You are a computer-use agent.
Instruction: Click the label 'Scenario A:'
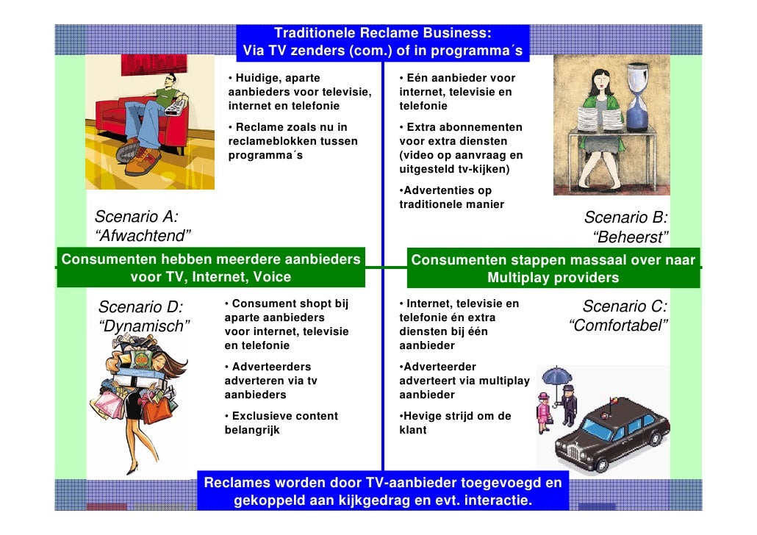click(x=137, y=216)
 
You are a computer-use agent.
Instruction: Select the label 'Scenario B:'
click(x=625, y=218)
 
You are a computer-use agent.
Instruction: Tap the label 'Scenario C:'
click(x=625, y=306)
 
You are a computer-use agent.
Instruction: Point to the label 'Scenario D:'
click(x=140, y=306)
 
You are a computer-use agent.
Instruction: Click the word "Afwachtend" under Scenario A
click(x=144, y=236)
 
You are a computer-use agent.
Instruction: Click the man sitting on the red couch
click(x=151, y=118)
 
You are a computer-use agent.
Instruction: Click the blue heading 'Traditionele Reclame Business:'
click(x=382, y=33)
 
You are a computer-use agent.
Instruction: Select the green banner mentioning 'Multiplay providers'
click(x=553, y=269)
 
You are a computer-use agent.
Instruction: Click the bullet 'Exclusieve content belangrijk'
click(x=281, y=423)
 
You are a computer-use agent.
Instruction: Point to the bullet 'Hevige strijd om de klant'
click(x=455, y=423)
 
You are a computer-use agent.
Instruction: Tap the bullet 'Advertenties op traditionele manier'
click(x=451, y=198)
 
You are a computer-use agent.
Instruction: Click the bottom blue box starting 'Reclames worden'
click(x=382, y=492)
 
